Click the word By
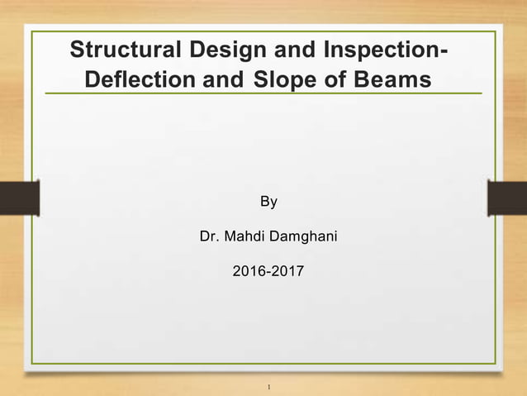point(268,202)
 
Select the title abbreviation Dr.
point(210,237)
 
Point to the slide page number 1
point(270,385)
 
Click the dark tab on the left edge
point(19,198)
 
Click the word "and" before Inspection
point(293,50)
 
